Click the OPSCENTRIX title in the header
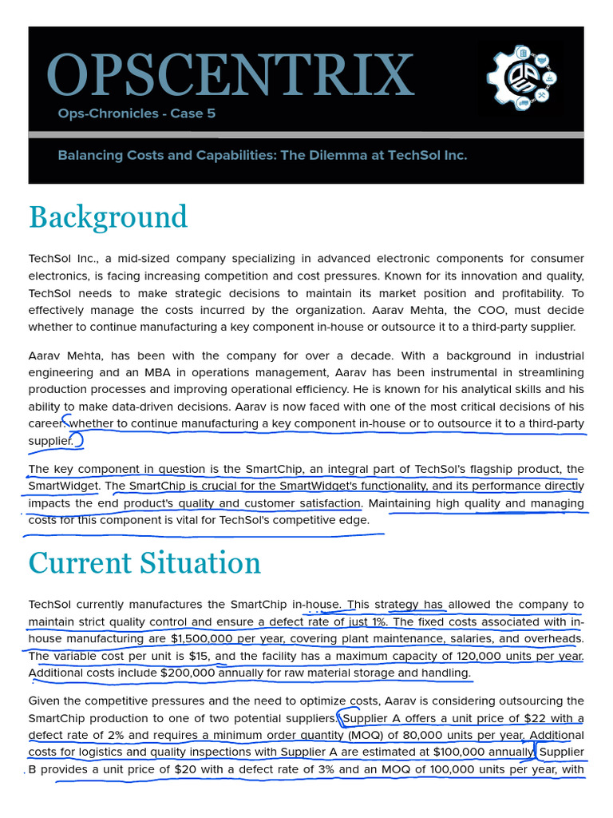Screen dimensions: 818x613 click(x=231, y=76)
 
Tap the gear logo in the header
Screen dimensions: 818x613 click(x=521, y=78)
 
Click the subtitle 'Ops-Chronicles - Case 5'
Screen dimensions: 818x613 click(x=136, y=113)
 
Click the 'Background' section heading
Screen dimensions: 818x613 click(x=108, y=216)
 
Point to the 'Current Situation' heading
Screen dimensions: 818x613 click(x=144, y=562)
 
